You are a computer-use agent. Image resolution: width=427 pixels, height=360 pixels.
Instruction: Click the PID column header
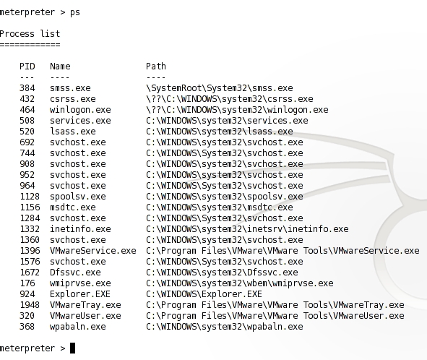(x=27, y=67)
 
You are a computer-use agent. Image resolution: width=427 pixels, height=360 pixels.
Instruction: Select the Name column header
(x=60, y=67)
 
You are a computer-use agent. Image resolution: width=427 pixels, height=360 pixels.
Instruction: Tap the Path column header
(x=156, y=67)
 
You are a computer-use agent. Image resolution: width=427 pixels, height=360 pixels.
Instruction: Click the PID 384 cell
(x=27, y=88)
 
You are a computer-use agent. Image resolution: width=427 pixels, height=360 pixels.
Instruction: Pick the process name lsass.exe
(x=73, y=132)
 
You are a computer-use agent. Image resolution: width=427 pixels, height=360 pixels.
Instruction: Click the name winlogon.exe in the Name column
(x=80, y=110)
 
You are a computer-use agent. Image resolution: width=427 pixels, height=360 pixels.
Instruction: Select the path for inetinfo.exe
(x=247, y=229)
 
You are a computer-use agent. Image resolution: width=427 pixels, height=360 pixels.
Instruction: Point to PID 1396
(x=30, y=251)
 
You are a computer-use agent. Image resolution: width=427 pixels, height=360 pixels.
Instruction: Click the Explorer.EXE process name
(x=80, y=294)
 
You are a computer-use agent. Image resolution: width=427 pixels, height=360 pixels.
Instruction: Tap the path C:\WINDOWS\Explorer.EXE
(x=204, y=294)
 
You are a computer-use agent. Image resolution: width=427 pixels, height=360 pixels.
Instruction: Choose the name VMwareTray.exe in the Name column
(x=85, y=305)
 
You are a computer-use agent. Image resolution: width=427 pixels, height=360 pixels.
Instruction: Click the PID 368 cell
(x=27, y=327)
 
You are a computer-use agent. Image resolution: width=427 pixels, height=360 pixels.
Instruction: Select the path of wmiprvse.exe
(x=240, y=283)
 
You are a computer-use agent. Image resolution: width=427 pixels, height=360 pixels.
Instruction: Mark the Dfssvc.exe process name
(x=75, y=273)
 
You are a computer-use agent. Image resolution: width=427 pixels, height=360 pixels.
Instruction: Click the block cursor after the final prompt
(x=72, y=348)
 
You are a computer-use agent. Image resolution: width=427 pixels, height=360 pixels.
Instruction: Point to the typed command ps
(x=75, y=12)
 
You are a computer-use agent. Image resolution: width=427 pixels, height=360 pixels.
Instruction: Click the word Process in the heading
(x=17, y=34)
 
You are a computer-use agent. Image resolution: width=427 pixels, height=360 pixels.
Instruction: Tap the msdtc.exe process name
(x=73, y=207)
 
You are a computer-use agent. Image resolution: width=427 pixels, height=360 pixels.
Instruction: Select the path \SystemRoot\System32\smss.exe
(x=220, y=88)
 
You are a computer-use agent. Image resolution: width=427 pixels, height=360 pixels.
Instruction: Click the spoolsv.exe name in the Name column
(x=78, y=197)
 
